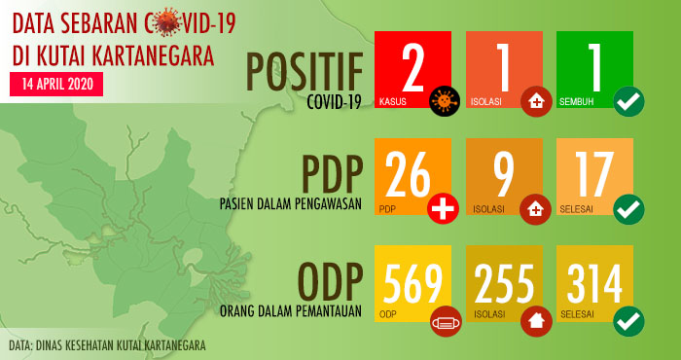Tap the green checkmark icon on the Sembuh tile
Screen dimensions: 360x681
[628, 100]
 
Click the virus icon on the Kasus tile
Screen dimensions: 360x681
[446, 100]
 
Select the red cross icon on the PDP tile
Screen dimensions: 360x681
[444, 207]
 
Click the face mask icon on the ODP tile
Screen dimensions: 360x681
[444, 318]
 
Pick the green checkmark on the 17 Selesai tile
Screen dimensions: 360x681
[628, 207]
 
